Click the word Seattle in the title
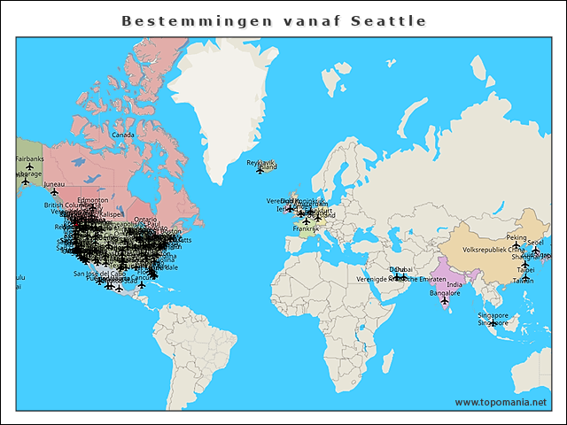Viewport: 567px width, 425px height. point(388,20)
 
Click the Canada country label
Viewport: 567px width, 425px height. point(122,135)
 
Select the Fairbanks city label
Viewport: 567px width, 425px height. point(29,158)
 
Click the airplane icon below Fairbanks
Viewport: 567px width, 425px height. point(29,166)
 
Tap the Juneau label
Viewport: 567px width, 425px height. point(54,183)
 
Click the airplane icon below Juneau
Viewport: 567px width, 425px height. point(54,192)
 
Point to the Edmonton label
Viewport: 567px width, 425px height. point(92,200)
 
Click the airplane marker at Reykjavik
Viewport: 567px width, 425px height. point(260,170)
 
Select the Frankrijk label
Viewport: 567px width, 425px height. point(306,228)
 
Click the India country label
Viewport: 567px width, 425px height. point(454,284)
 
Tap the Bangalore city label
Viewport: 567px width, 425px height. point(445,292)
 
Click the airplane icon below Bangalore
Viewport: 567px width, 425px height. point(445,301)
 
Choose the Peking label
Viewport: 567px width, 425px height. point(517,237)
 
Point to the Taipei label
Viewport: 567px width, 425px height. point(525,269)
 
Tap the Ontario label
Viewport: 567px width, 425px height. point(146,219)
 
